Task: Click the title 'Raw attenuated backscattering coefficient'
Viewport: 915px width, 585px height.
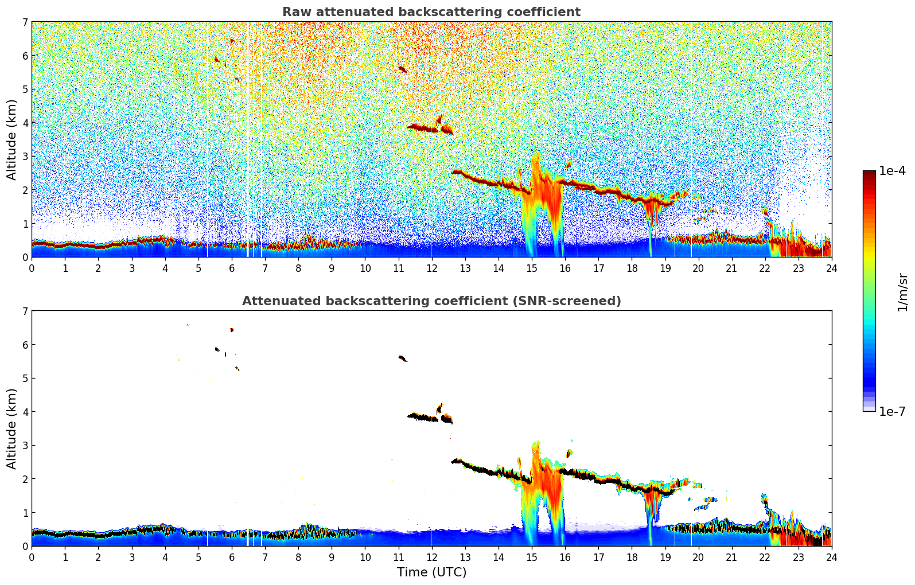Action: tap(431, 12)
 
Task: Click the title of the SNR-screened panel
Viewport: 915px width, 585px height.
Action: tap(431, 301)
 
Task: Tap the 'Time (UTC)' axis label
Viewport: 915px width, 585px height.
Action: tap(431, 572)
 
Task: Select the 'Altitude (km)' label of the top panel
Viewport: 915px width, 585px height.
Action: tap(12, 139)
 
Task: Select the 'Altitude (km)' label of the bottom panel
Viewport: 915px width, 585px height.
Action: tap(12, 428)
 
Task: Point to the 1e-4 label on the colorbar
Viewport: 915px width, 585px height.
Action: tap(892, 171)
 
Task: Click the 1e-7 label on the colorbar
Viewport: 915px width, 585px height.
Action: tap(892, 411)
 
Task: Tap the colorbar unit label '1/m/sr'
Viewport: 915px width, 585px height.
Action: tap(902, 292)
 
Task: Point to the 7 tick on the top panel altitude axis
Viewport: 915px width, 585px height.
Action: tap(25, 22)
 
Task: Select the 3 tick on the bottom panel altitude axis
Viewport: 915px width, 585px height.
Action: tap(25, 446)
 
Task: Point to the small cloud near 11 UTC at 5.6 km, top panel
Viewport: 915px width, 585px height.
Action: tap(402, 69)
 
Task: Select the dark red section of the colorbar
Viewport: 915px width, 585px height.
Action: tap(869, 178)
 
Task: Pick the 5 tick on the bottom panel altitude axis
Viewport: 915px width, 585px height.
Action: tap(25, 379)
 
